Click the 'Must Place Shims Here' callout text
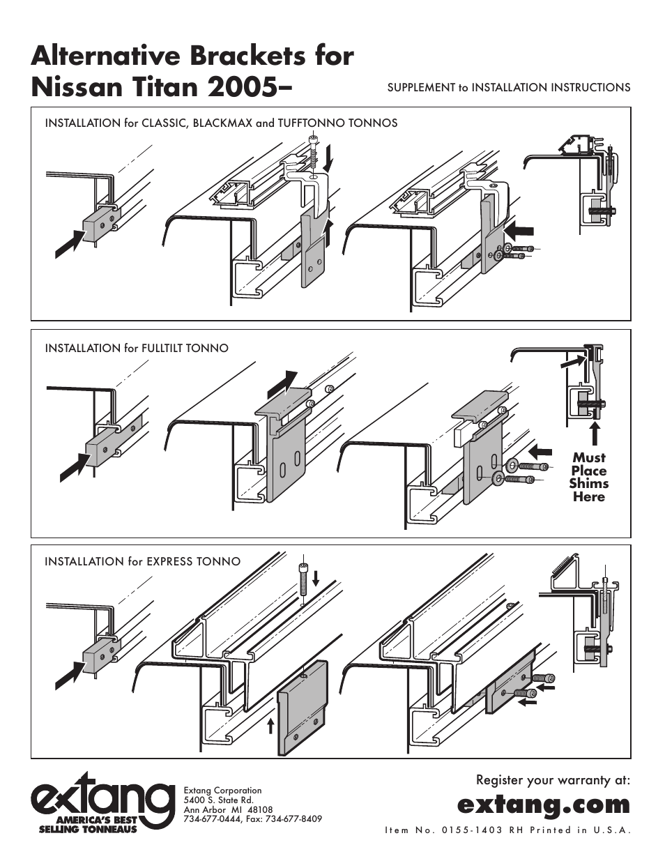(588, 477)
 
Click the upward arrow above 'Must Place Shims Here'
(595, 434)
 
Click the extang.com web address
(543, 804)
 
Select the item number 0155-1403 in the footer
(471, 830)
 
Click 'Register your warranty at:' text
(552, 779)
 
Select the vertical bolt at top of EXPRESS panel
(303, 578)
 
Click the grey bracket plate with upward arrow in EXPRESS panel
(303, 707)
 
